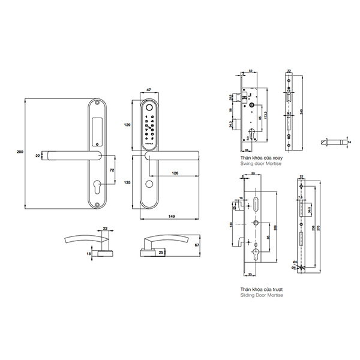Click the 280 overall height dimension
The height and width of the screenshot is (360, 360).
(19, 154)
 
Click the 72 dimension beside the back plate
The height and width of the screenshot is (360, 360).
(112, 170)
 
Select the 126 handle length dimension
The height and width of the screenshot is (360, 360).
(175, 173)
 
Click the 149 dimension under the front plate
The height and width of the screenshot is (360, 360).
(173, 217)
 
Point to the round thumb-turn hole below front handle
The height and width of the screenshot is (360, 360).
(149, 184)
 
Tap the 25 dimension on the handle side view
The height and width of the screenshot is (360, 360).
(161, 253)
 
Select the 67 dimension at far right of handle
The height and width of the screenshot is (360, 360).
(214, 245)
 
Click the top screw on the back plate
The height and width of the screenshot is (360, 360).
(98, 104)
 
